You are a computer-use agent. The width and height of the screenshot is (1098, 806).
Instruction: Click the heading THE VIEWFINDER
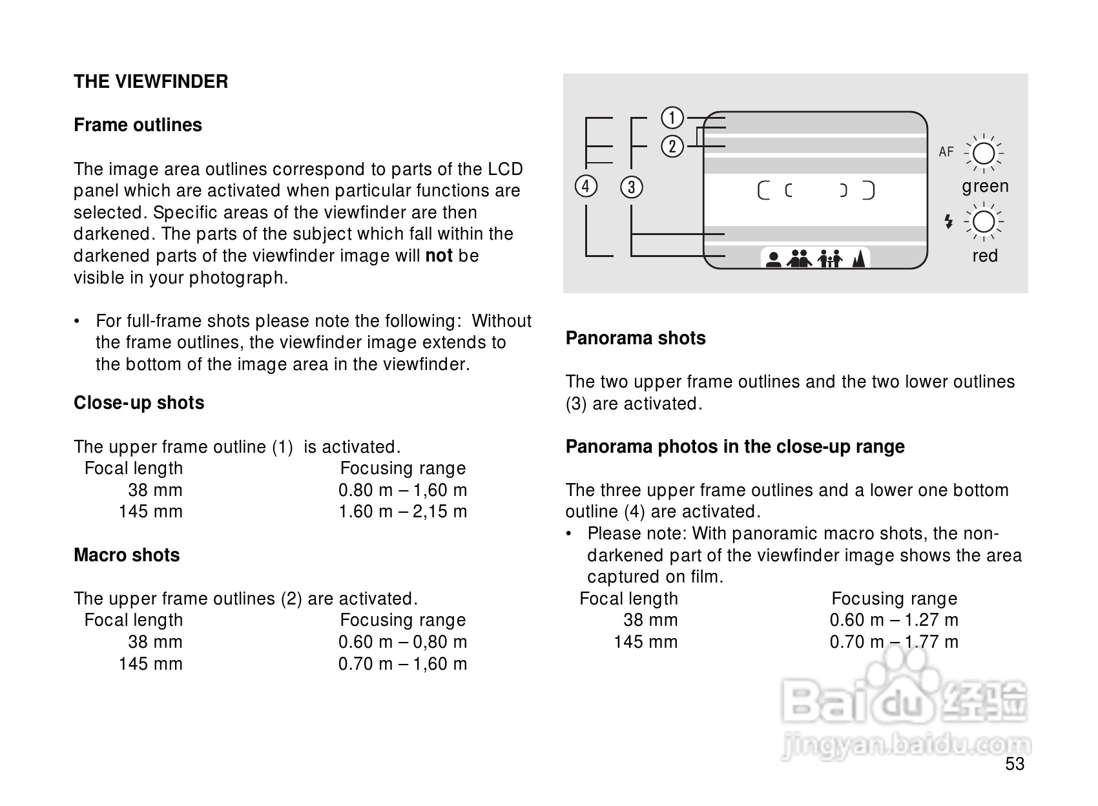[150, 82]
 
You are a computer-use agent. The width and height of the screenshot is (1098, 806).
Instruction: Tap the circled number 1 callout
[672, 118]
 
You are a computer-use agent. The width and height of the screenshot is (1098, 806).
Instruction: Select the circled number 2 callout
[672, 147]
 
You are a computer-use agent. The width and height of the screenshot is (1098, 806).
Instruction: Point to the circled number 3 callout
[631, 188]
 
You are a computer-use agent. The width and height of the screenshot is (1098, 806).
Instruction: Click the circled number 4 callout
[585, 187]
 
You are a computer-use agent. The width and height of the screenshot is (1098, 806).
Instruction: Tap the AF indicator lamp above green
[983, 154]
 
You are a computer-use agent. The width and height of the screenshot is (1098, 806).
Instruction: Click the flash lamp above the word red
[983, 222]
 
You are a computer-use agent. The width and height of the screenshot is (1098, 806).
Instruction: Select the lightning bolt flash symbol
[948, 222]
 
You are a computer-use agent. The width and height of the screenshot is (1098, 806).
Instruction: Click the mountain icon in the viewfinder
[858, 259]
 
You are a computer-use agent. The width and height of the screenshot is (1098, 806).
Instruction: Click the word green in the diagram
[985, 187]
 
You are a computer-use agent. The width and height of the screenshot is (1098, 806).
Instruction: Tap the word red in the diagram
[985, 256]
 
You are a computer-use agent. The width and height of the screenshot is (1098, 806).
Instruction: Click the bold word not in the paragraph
[439, 256]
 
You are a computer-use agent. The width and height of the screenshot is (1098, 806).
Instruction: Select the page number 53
[1015, 765]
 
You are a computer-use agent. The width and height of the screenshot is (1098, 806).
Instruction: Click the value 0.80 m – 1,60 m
[402, 490]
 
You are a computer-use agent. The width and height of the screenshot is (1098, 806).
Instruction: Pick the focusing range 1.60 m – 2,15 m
[402, 512]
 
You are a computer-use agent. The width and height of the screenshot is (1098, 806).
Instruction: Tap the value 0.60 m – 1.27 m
[894, 621]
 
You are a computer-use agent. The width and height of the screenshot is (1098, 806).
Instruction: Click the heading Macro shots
[127, 555]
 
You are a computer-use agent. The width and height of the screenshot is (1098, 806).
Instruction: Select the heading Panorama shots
[636, 338]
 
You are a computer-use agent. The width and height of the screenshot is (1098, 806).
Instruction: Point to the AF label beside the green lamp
[946, 152]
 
